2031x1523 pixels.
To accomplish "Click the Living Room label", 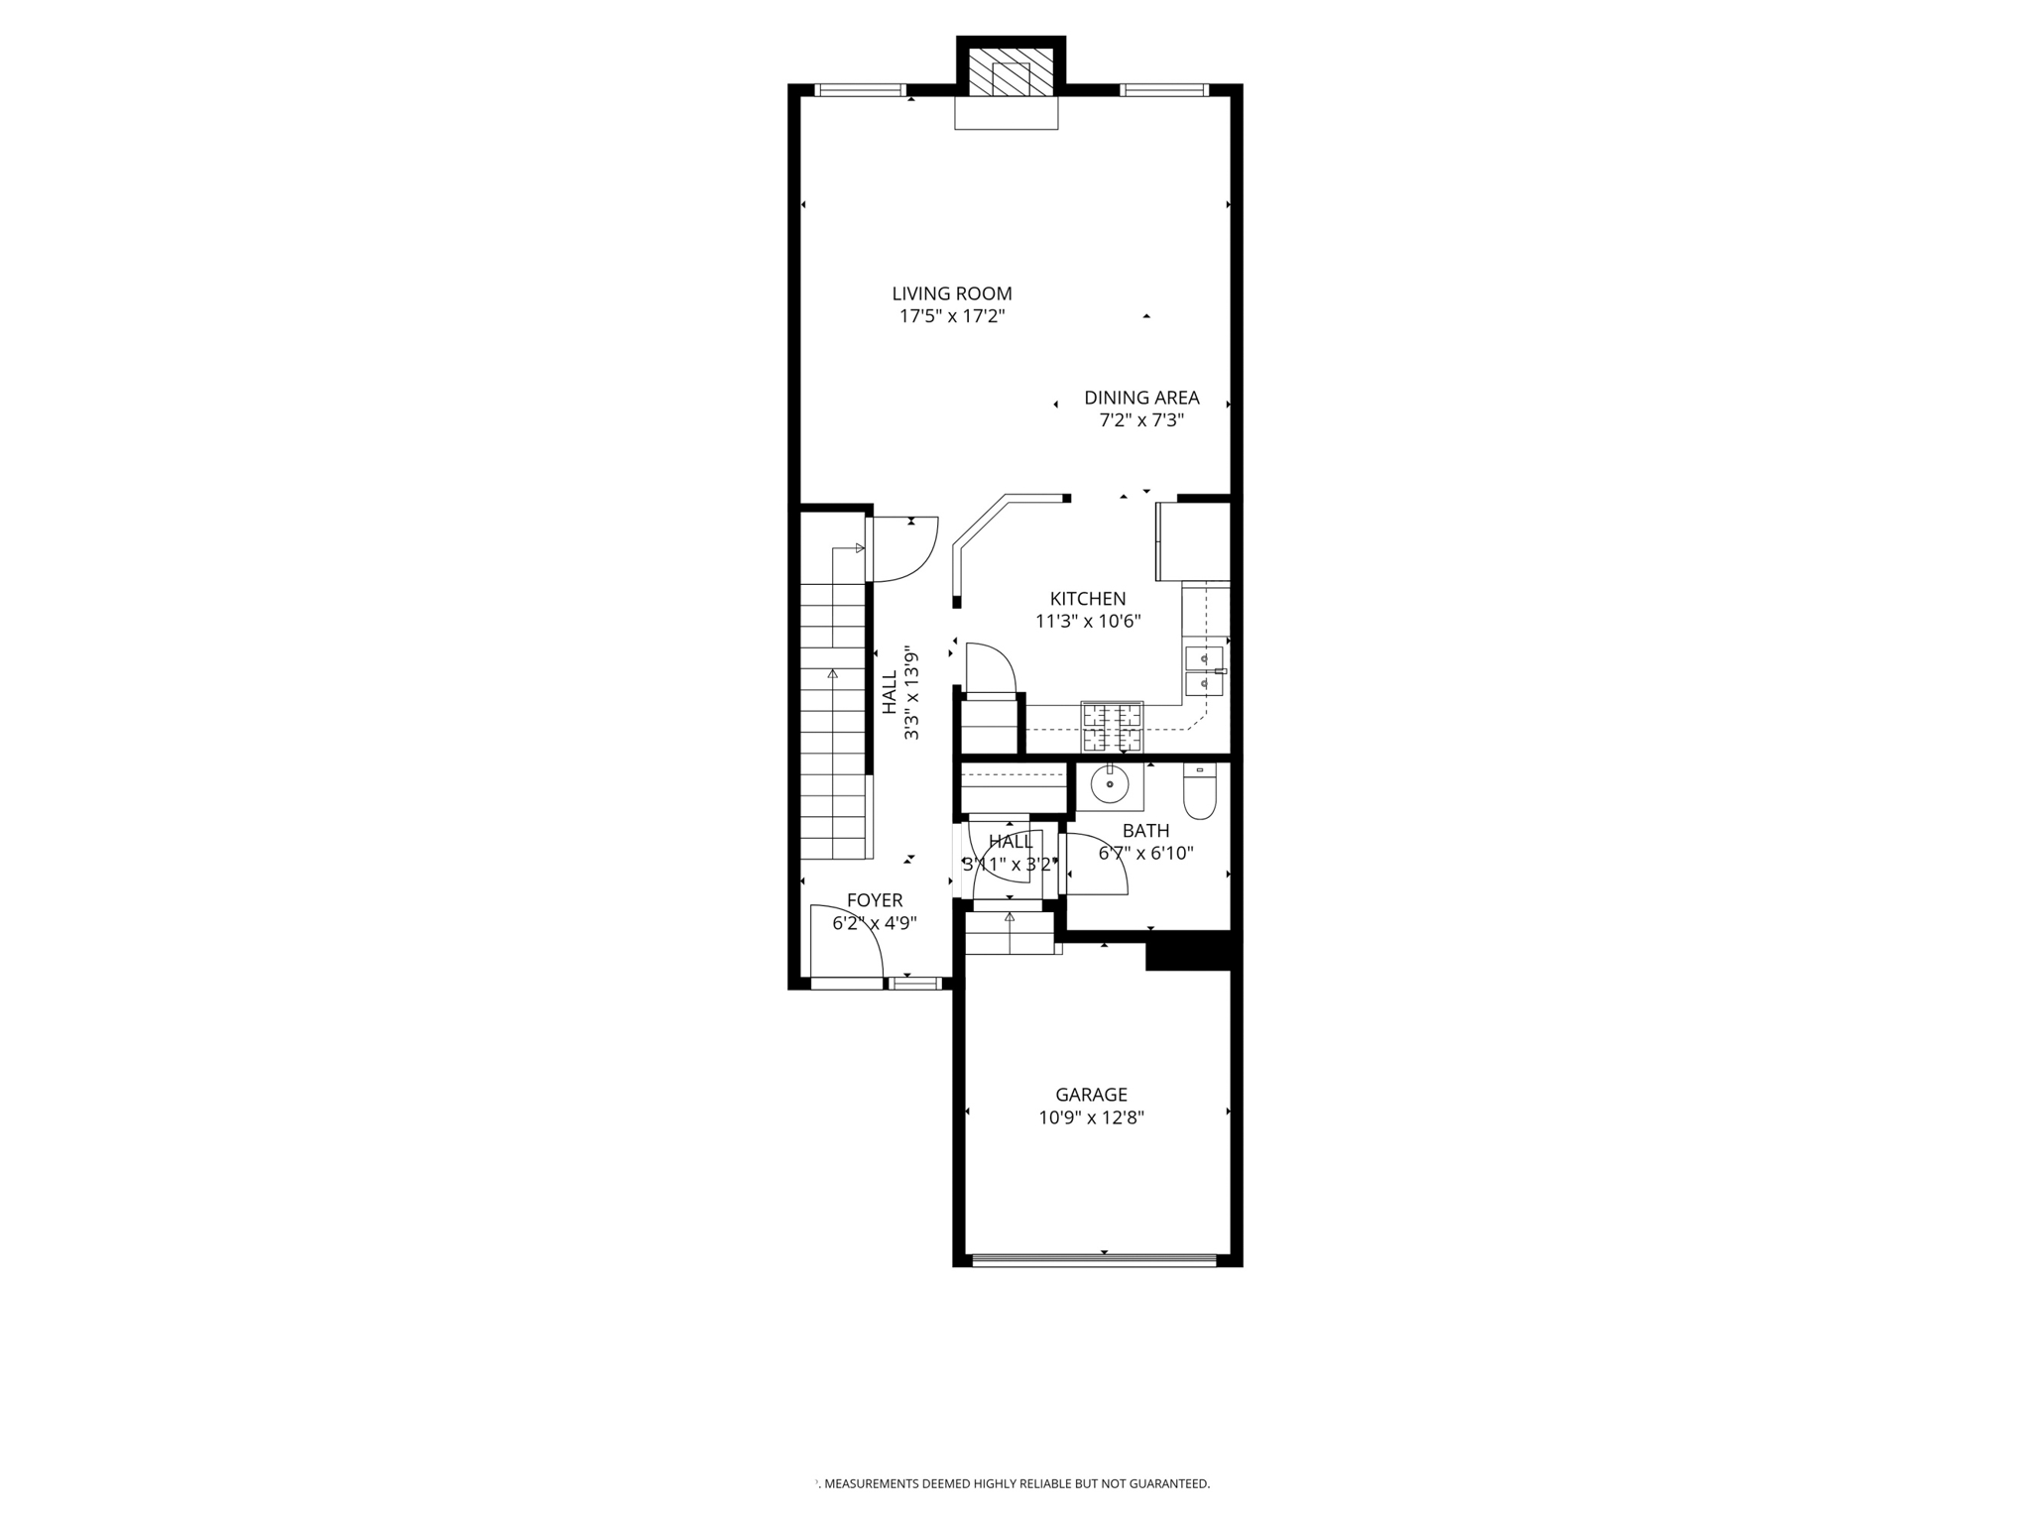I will pyautogui.click(x=951, y=293).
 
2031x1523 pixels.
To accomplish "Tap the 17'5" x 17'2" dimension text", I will pyautogui.click(x=951, y=317).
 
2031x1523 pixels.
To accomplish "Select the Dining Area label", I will pyautogui.click(x=1141, y=398).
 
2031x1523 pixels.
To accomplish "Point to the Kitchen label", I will pyautogui.click(x=1088, y=599).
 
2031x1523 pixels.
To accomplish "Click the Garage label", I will pyautogui.click(x=1091, y=1095).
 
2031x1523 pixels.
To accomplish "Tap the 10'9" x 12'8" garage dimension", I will pyautogui.click(x=1091, y=1118).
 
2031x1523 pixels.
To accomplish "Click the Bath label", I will pyautogui.click(x=1145, y=831).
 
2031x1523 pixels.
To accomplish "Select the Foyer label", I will pyautogui.click(x=875, y=900).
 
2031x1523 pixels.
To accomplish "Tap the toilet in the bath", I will pyautogui.click(x=1200, y=793).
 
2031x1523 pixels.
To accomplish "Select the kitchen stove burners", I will pyautogui.click(x=1112, y=727).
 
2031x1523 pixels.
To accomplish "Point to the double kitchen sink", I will pyautogui.click(x=1204, y=670).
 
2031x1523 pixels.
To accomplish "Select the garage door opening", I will pyautogui.click(x=1094, y=1260).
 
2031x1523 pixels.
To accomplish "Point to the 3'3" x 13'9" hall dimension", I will pyautogui.click(x=911, y=694).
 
